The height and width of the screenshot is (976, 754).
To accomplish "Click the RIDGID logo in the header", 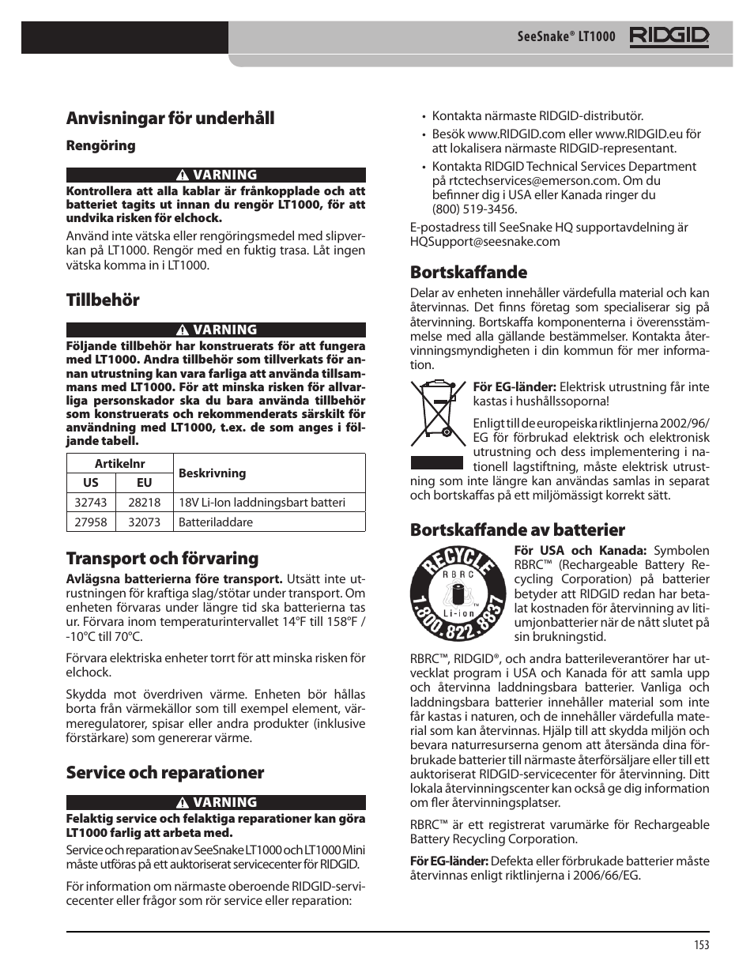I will pyautogui.click(x=669, y=37).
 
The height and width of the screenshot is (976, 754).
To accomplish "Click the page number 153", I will pyautogui.click(x=701, y=944).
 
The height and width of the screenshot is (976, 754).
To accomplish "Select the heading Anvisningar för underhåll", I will pyautogui.click(x=170, y=118).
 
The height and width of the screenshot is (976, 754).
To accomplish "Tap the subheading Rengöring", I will pyautogui.click(x=100, y=145).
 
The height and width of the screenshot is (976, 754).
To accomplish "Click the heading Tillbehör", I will pyautogui.click(x=103, y=300).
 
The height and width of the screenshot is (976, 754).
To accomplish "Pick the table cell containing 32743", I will pyautogui.click(x=91, y=503).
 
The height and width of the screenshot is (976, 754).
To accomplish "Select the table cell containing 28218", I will pyautogui.click(x=144, y=503).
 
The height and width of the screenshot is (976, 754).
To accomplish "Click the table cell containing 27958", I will pyautogui.click(x=91, y=522).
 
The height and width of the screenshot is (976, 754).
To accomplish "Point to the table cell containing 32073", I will pyautogui.click(x=144, y=522).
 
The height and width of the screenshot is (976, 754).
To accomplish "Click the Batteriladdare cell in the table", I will pyautogui.click(x=216, y=522).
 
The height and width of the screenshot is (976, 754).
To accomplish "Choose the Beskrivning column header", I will pyautogui.click(x=212, y=473).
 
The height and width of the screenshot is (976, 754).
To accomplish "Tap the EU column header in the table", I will pyautogui.click(x=144, y=483).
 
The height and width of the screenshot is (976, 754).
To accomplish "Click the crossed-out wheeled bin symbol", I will pyautogui.click(x=436, y=416).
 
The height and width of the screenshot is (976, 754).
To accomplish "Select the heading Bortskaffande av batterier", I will pyautogui.click(x=517, y=529).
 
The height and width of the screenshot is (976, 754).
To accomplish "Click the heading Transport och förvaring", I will pyautogui.click(x=162, y=558).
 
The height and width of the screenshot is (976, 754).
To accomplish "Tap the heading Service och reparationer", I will pyautogui.click(x=164, y=772).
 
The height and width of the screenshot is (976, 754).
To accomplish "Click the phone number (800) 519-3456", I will pyautogui.click(x=474, y=209).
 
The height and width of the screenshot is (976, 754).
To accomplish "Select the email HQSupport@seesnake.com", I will pyautogui.click(x=484, y=242).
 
